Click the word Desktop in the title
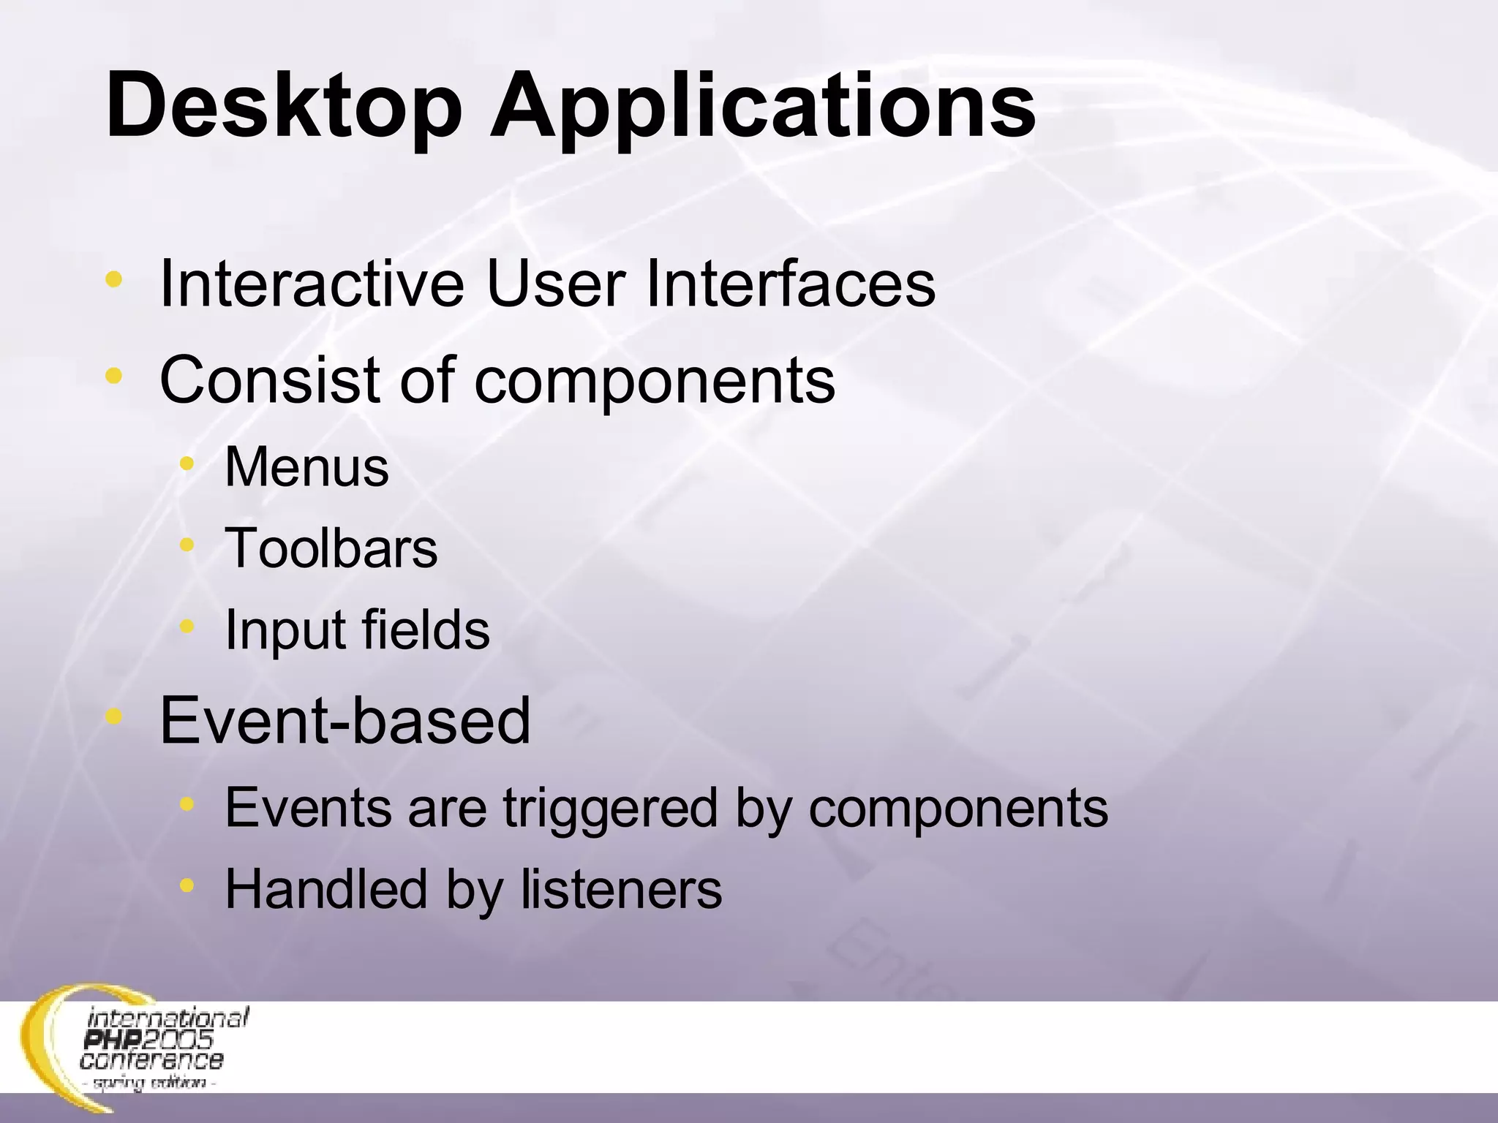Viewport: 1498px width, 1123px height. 284,106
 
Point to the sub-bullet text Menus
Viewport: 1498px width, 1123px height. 306,467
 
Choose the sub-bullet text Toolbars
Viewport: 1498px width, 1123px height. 331,548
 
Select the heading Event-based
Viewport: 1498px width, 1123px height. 345,721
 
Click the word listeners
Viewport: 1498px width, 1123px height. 621,890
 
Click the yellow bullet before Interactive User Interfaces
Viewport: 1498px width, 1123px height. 113,279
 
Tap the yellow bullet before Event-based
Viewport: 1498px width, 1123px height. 113,716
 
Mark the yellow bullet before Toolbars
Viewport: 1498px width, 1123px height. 187,544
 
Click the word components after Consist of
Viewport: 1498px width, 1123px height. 654,379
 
